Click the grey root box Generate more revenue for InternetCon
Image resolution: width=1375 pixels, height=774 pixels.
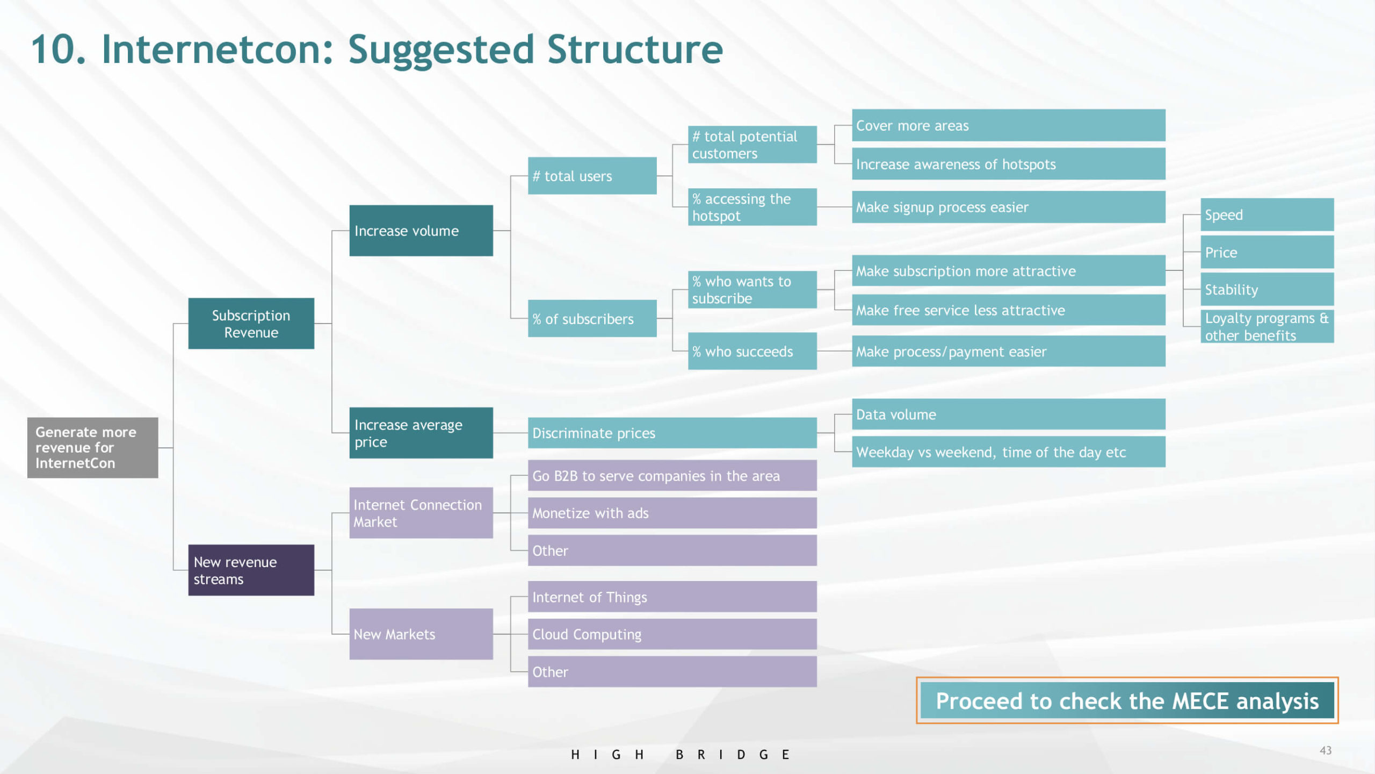point(92,447)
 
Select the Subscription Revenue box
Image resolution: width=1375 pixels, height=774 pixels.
point(251,324)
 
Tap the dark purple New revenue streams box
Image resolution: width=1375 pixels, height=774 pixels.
point(251,570)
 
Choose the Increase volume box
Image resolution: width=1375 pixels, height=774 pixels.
point(421,231)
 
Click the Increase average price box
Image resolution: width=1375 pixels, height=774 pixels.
point(421,433)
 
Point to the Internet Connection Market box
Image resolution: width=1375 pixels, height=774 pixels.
point(421,513)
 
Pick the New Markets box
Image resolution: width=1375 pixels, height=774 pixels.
point(421,634)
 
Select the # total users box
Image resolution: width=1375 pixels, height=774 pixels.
point(592,176)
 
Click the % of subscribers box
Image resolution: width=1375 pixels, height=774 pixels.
point(592,319)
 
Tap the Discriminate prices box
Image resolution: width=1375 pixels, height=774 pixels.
point(672,433)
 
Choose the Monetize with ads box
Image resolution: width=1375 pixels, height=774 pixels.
point(672,513)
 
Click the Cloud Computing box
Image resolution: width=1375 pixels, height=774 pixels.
point(672,634)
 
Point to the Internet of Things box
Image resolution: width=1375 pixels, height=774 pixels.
point(672,597)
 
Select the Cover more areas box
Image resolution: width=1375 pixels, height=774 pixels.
point(1008,125)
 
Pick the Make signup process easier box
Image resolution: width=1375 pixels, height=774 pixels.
point(1008,207)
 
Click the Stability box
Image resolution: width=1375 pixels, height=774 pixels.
point(1267,289)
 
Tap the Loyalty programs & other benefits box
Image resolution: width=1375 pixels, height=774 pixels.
point(1267,326)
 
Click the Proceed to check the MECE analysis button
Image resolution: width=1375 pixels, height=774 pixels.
point(1127,700)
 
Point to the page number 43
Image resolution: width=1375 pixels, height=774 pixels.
point(1325,750)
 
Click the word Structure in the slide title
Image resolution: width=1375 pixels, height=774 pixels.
point(635,49)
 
